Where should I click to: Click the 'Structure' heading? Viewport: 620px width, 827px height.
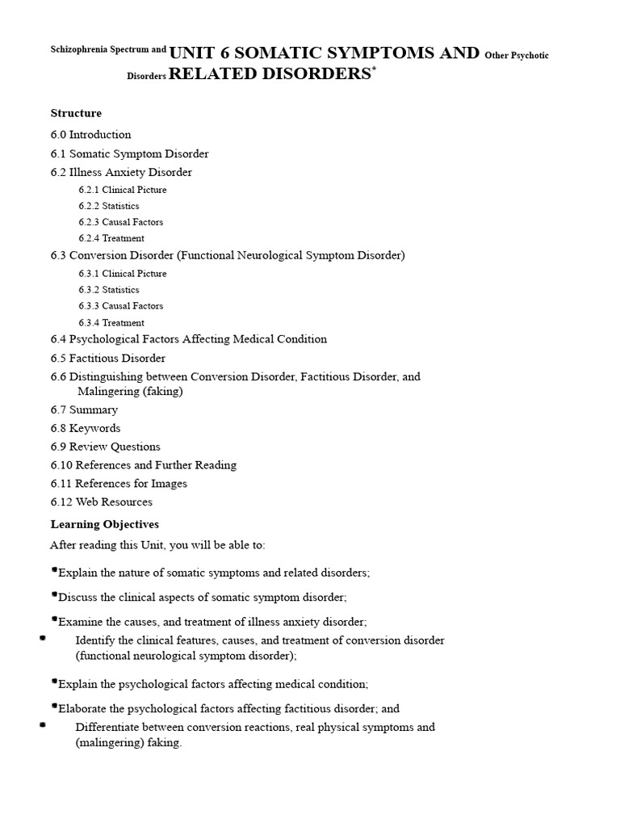(76, 113)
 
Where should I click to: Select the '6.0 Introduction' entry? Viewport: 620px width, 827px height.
(90, 135)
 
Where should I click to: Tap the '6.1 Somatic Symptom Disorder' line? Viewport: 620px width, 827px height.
(129, 153)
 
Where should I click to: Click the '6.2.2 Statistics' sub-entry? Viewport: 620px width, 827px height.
(109, 206)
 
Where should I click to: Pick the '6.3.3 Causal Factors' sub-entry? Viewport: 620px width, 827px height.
(121, 306)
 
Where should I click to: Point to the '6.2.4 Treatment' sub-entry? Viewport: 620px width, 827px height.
(111, 238)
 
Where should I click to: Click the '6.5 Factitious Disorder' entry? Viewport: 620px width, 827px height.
(107, 358)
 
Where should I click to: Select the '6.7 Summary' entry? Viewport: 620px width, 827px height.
(84, 409)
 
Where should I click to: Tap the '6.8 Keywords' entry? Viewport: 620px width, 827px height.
(85, 428)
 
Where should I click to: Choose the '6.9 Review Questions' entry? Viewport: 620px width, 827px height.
(105, 447)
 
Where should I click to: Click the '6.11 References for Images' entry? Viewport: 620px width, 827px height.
(119, 484)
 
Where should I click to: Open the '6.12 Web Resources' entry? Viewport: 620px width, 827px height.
(101, 502)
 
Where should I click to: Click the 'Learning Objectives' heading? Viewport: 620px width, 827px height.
(104, 525)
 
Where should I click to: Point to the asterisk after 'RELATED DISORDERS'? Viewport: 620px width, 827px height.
(373, 70)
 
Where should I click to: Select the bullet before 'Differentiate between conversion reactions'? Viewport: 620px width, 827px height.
(42, 725)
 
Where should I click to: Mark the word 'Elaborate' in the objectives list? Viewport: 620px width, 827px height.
(82, 709)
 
